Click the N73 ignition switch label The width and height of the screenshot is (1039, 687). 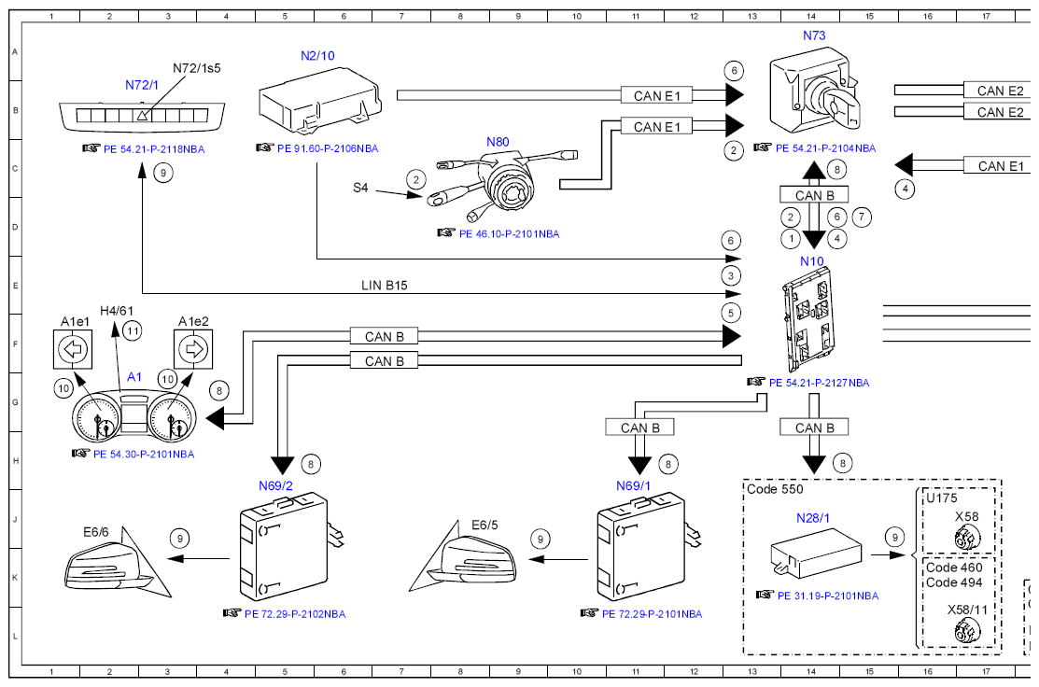point(814,35)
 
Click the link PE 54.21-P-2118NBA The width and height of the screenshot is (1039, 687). point(154,149)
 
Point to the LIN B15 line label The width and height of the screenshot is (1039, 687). point(385,286)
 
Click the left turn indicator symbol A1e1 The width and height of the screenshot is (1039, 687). point(73,348)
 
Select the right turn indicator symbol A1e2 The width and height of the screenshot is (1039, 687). point(193,348)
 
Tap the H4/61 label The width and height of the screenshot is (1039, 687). point(117,311)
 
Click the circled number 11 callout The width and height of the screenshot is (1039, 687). point(133,330)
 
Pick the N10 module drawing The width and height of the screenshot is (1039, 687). point(807,320)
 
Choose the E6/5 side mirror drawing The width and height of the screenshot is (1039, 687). point(463,555)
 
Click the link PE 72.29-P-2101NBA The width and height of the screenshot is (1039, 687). point(652,614)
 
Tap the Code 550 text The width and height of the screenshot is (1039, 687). point(775,489)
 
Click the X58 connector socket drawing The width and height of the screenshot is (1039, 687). point(967,538)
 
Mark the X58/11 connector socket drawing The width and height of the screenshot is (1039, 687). point(967,632)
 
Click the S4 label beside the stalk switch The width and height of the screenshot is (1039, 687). point(360,188)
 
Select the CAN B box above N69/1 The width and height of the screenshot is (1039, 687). point(640,428)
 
